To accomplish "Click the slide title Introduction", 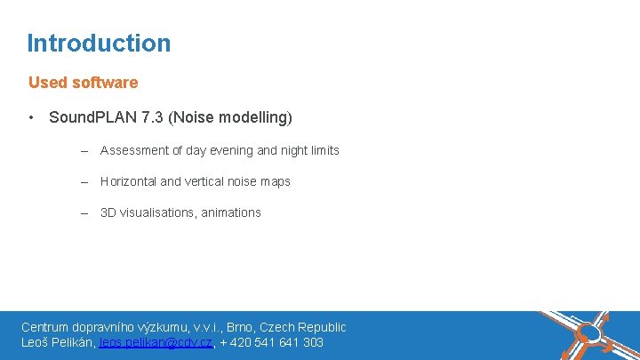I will click(x=99, y=43).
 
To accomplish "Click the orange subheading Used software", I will click(x=83, y=83).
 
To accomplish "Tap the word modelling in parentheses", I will click(x=252, y=117).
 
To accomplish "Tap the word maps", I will click(x=276, y=181).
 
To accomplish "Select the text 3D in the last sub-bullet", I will click(x=108, y=212).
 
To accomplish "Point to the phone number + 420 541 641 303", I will click(x=271, y=342).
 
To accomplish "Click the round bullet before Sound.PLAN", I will click(x=31, y=117).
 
